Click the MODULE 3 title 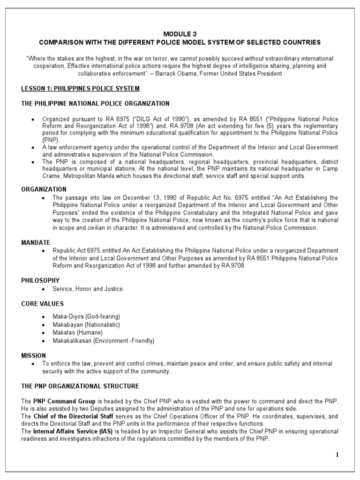tap(180, 34)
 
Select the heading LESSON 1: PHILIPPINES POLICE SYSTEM tap(80, 89)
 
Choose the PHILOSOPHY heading tap(40, 280)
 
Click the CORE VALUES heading tap(42, 304)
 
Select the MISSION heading tap(33, 355)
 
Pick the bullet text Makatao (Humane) tap(77, 332)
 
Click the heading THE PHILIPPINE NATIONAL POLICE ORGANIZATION tap(95, 103)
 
